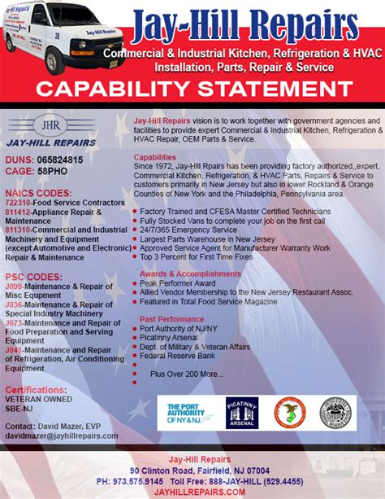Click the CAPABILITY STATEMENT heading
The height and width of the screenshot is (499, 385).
coord(192,89)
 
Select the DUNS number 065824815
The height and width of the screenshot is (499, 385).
coord(56,160)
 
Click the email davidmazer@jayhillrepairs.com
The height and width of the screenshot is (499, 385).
coord(61,436)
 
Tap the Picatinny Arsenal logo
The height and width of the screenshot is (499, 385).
coord(241,412)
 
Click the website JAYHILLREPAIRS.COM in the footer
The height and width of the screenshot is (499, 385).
coord(192,492)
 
